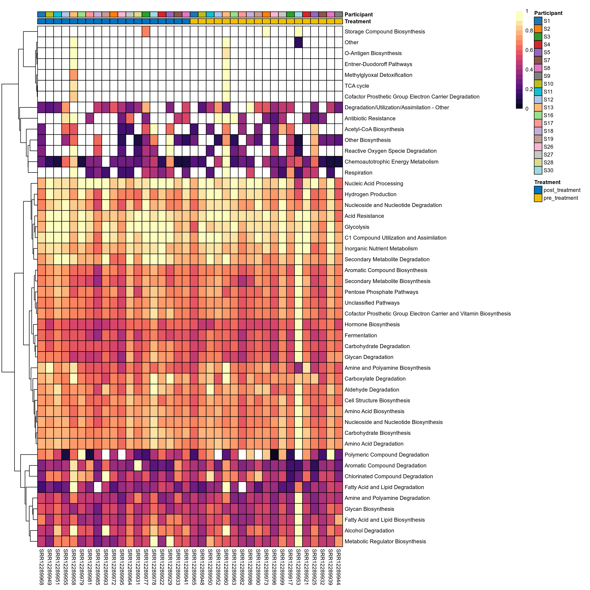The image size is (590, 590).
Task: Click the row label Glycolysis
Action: [357, 227]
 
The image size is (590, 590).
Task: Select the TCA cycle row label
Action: [357, 86]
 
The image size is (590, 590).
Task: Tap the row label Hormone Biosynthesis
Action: [372, 324]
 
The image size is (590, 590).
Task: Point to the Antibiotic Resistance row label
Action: [370, 118]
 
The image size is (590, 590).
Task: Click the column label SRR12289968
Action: [41, 567]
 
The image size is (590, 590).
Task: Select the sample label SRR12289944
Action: [338, 567]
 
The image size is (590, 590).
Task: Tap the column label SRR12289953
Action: [298, 567]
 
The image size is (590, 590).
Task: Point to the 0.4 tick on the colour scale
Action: [529, 70]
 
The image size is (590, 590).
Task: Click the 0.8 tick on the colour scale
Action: [529, 30]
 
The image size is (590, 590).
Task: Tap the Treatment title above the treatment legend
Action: [547, 182]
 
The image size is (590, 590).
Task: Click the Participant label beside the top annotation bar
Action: [359, 15]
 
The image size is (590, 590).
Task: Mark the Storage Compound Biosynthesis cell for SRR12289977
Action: [146, 31]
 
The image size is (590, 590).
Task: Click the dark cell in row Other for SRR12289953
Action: [298, 42]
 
